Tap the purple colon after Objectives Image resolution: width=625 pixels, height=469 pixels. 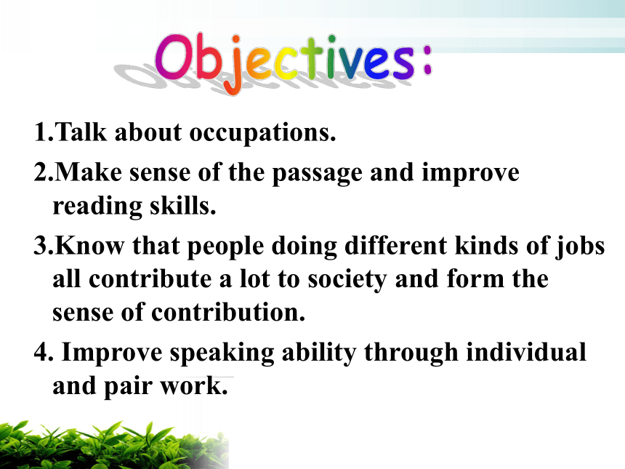pyautogui.click(x=427, y=60)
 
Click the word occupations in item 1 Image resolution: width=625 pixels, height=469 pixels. pyautogui.click(x=262, y=133)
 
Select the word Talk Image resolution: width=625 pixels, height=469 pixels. pyautogui.click(x=81, y=132)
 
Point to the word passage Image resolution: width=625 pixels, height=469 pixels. pyautogui.click(x=318, y=175)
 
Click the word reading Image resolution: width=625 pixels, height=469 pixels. pyautogui.click(x=97, y=207)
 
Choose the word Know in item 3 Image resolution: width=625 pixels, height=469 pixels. pyautogui.click(x=89, y=246)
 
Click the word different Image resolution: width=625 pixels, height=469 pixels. pyautogui.click(x=395, y=245)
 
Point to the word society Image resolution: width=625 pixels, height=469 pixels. pyautogui.click(x=347, y=280)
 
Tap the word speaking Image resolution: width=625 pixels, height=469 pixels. pyautogui.click(x=222, y=353)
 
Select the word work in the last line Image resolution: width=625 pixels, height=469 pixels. pyautogui.click(x=194, y=386)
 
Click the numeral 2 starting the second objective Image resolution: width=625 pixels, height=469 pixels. pyautogui.click(x=41, y=172)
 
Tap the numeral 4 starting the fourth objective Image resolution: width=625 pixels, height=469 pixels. pyautogui.click(x=41, y=352)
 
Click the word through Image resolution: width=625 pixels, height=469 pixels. pyautogui.click(x=411, y=353)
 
